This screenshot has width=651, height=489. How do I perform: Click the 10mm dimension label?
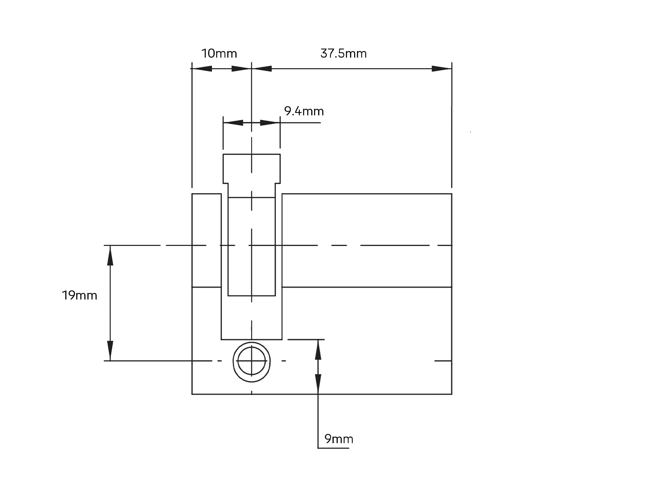[219, 53]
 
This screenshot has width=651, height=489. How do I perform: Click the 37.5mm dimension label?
[343, 53]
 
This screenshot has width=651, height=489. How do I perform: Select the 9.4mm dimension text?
[304, 111]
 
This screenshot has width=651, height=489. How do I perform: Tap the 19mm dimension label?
[79, 295]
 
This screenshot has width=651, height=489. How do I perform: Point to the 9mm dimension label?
[339, 439]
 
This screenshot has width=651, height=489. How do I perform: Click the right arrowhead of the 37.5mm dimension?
[442, 69]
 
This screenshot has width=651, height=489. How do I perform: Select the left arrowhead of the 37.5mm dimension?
[262, 69]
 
